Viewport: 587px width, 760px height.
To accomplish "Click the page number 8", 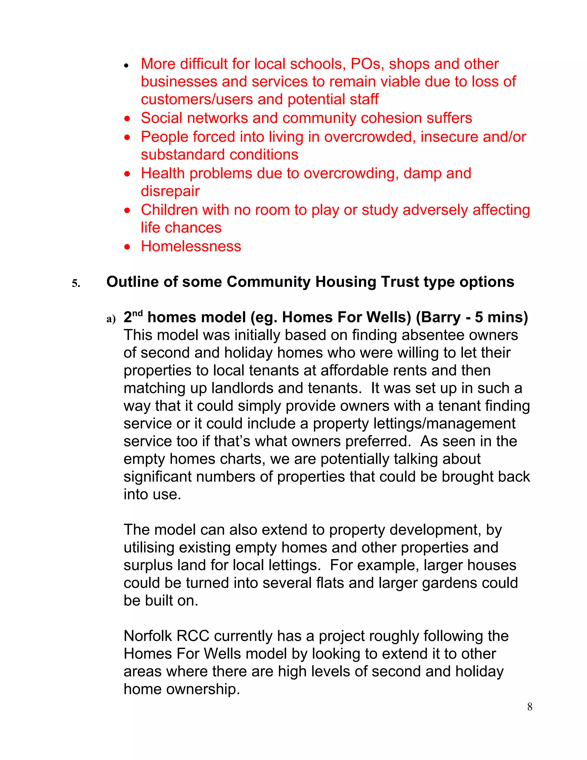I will point(530,706).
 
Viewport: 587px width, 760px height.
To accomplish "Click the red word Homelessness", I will point(191,246).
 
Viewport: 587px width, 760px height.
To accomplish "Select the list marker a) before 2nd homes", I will point(111,319).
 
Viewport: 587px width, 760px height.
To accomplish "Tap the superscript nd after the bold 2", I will point(138,313).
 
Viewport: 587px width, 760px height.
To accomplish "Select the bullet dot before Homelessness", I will point(128,247).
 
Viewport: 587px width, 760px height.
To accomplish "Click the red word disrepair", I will point(170,191).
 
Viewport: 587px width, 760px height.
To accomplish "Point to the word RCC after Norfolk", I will point(193,636).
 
